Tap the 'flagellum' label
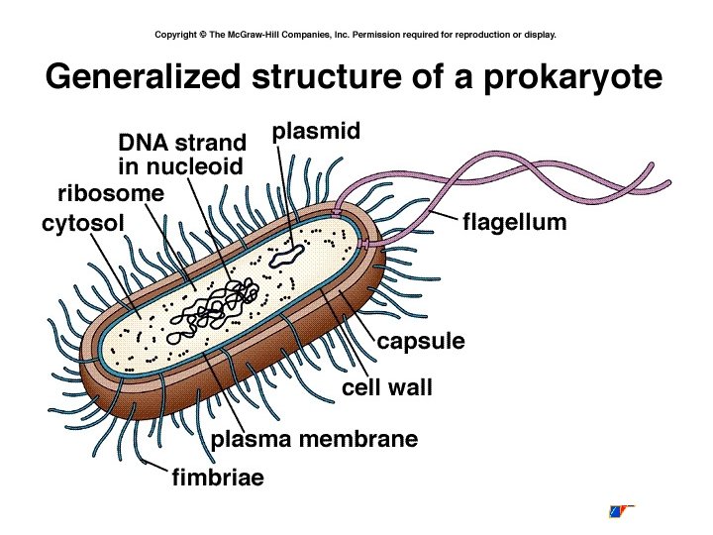pyautogui.click(x=515, y=222)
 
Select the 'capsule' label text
pyautogui.click(x=420, y=342)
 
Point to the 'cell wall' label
pyautogui.click(x=387, y=387)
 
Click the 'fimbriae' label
pyautogui.click(x=218, y=479)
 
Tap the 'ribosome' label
pyautogui.click(x=110, y=192)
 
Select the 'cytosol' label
pyautogui.click(x=83, y=224)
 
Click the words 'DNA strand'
pyautogui.click(x=181, y=144)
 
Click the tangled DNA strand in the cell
pyautogui.click(x=223, y=303)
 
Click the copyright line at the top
pyautogui.click(x=356, y=34)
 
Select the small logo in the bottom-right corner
pyautogui.click(x=621, y=511)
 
